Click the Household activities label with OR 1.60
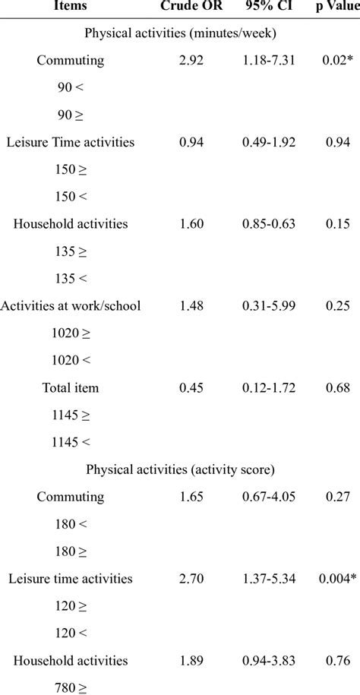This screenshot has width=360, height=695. [x=70, y=223]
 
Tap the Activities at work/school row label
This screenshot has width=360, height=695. [x=71, y=305]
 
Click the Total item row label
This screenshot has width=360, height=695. [x=70, y=387]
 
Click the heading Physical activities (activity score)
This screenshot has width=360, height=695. [x=180, y=469]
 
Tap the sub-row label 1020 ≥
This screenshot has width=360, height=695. [x=70, y=333]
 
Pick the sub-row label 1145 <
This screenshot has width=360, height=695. [x=70, y=442]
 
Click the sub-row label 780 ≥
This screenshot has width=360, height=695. [x=70, y=687]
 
